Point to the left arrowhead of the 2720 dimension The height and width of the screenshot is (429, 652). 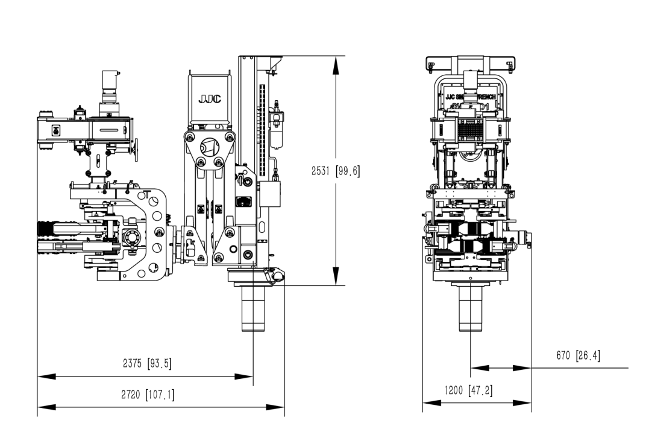(46, 407)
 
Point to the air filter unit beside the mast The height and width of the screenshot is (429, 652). (277, 124)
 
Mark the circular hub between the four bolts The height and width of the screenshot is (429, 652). (209, 147)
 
